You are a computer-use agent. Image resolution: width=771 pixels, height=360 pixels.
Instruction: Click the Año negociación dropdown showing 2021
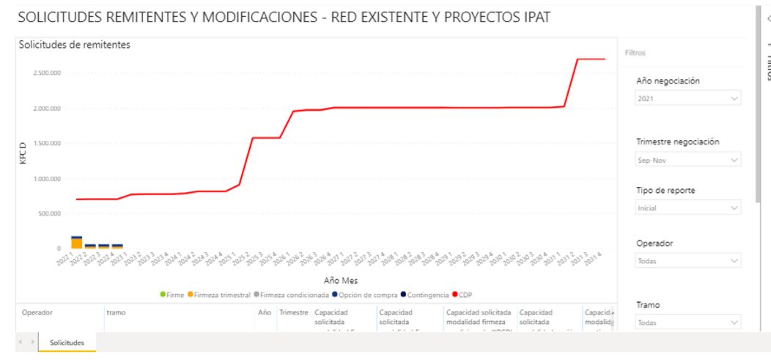tap(686, 98)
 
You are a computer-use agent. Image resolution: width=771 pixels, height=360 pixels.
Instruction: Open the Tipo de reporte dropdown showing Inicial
tap(686, 207)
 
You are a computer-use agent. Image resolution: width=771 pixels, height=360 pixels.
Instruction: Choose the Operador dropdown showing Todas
tap(686, 260)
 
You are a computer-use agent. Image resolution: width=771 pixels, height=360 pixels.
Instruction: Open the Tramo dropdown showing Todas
tap(686, 323)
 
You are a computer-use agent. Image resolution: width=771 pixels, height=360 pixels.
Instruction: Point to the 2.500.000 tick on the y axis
tap(46, 73)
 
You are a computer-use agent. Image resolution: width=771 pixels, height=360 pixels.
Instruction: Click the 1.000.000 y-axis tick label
tap(46, 178)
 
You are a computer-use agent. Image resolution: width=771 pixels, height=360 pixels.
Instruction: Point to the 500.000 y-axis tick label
tap(51, 213)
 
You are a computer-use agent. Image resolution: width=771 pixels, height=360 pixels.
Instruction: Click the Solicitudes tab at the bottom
tap(67, 343)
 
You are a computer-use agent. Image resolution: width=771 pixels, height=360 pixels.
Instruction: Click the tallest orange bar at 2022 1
tap(77, 243)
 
